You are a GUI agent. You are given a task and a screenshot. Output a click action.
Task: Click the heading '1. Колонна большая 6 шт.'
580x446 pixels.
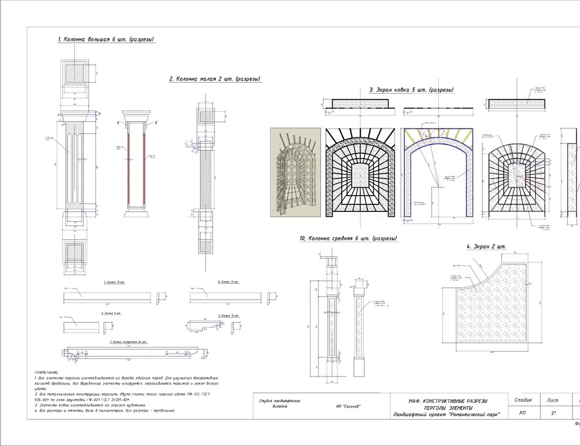point(105,40)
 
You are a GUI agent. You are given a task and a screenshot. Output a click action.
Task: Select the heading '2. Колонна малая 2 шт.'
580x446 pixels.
point(214,78)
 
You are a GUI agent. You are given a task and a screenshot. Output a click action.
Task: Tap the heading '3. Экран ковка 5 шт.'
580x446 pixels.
point(411,90)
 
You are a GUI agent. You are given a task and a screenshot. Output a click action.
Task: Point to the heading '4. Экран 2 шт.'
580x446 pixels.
point(486,246)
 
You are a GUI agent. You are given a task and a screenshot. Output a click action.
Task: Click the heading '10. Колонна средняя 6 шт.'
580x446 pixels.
point(348,239)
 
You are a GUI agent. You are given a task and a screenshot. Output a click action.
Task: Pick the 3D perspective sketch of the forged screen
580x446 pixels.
point(295,172)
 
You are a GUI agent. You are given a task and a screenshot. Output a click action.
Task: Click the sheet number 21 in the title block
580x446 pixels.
point(554,413)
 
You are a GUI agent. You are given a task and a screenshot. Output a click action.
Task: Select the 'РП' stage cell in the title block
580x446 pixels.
point(522,413)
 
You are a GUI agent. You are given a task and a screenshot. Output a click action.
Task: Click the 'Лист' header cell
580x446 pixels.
point(552,400)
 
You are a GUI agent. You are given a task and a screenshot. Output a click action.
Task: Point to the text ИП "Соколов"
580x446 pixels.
point(349,407)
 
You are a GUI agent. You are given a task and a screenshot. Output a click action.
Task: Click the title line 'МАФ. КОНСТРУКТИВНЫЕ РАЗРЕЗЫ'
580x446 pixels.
point(448,401)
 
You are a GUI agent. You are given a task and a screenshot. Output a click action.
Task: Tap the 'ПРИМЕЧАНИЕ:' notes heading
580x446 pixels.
point(47,372)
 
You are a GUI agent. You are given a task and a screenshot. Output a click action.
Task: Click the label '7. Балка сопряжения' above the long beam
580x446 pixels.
point(128,341)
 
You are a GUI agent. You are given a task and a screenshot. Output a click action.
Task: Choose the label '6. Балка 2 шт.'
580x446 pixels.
point(111,313)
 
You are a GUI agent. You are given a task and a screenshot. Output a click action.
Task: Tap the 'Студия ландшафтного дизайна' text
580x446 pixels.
point(279,404)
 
